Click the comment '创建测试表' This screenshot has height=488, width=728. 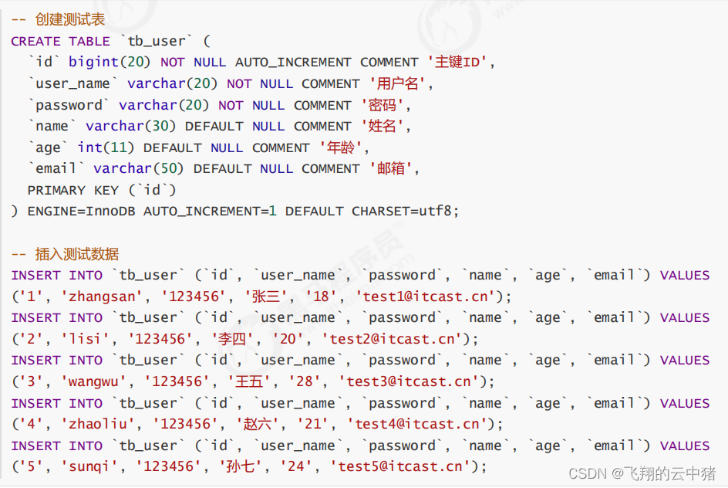pyautogui.click(x=69, y=20)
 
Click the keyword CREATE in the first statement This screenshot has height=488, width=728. pyautogui.click(x=35, y=42)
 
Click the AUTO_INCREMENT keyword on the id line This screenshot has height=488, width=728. pyautogui.click(x=293, y=63)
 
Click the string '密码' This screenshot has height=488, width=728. pyautogui.click(x=383, y=105)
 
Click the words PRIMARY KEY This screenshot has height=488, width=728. pyautogui.click(x=72, y=190)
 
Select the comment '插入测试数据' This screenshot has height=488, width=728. pyautogui.click(x=77, y=254)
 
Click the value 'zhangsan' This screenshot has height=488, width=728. pyautogui.click(x=95, y=297)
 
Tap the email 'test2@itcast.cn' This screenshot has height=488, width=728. pyautogui.click(x=396, y=339)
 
